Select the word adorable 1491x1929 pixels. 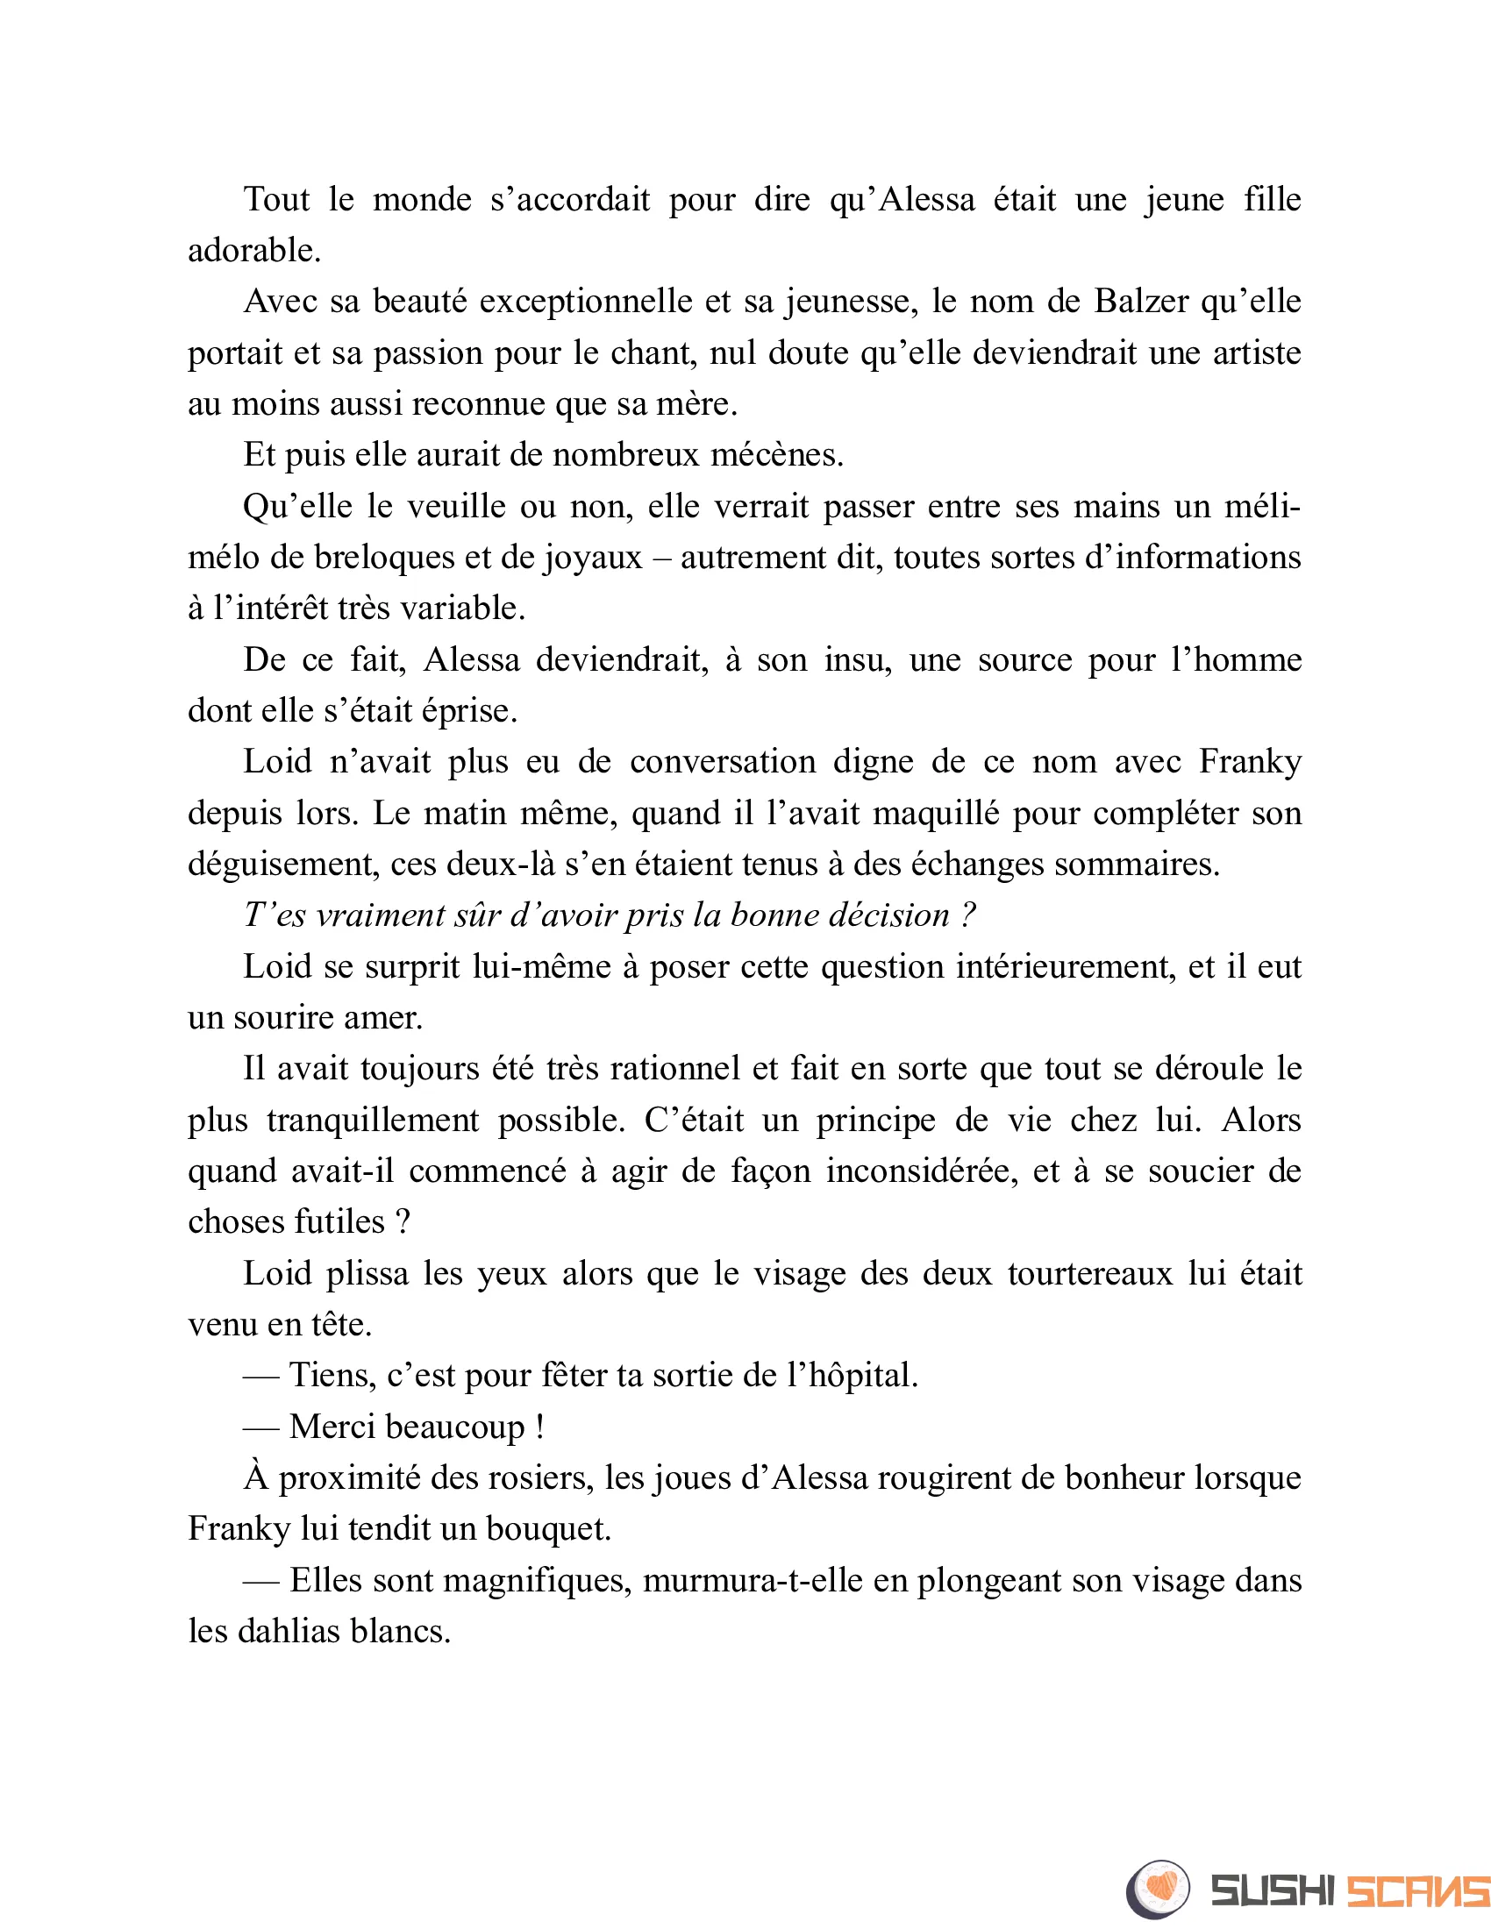(253, 251)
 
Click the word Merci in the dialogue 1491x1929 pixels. (332, 1427)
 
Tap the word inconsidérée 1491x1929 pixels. (922, 1171)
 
